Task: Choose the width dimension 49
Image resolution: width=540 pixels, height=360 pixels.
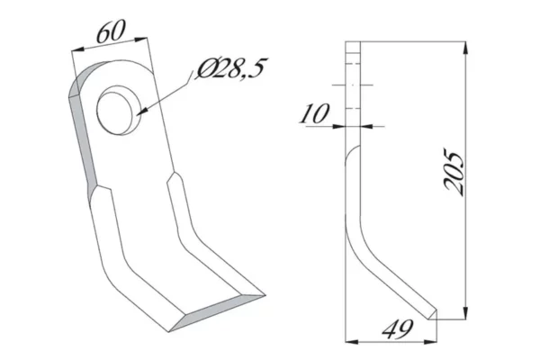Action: click(x=391, y=329)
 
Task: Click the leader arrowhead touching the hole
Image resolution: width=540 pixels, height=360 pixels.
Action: click(x=144, y=112)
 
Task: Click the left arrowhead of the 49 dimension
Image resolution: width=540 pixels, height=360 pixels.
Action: click(x=351, y=341)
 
